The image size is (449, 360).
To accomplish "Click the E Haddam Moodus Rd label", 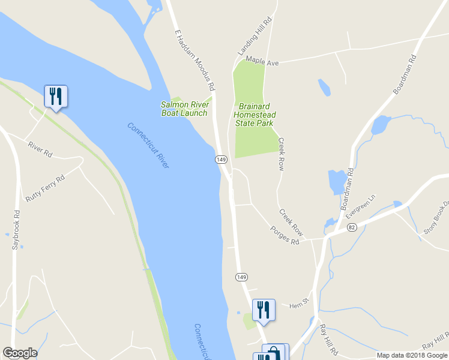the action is pos(194,59).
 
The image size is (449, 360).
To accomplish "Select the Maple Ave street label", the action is pos(262,61).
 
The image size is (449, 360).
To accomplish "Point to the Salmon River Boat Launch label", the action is pos(184,109).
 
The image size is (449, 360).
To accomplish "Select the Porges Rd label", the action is pos(284,235).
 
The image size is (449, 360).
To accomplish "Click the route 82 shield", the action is pos(352,226).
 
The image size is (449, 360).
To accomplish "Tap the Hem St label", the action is pos(298,305).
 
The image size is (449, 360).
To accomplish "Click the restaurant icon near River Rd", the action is pos(56,97).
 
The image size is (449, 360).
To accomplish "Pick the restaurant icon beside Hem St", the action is pos(264,310).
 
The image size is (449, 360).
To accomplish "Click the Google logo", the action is pos(20,353).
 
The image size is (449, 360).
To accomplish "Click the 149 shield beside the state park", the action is pos(221,159).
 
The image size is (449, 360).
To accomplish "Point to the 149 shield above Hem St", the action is pos(241,277).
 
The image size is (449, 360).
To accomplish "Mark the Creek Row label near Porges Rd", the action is pos(291,222).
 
